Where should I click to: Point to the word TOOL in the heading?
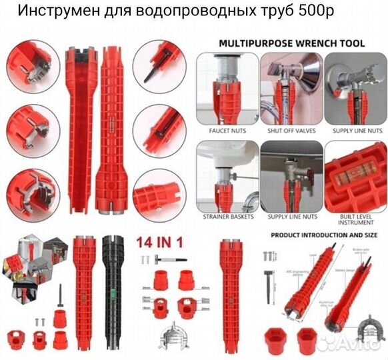(351, 43)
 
